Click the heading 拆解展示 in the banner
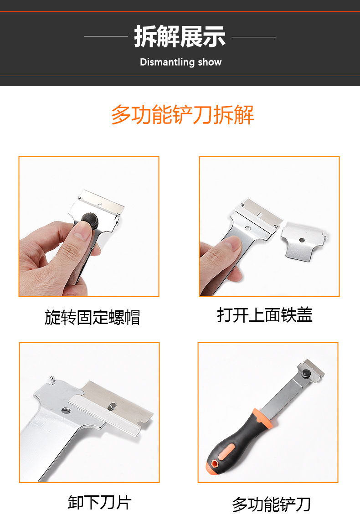click(x=180, y=37)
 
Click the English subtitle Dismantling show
click(x=180, y=62)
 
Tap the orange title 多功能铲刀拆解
click(x=182, y=115)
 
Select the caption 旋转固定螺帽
click(x=92, y=317)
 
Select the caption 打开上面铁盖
click(x=265, y=315)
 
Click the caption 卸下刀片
click(x=99, y=502)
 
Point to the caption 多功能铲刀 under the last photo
click(x=271, y=504)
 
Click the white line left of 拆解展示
click(x=106, y=36)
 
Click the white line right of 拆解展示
click(x=253, y=36)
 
